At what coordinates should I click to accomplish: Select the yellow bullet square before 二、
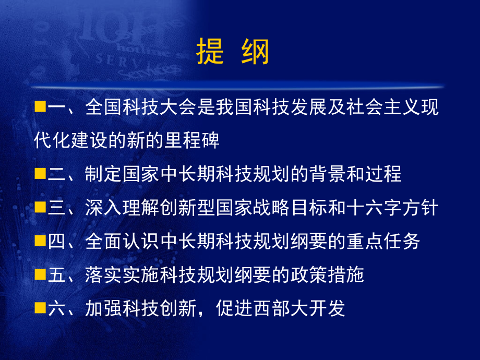(39, 174)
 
